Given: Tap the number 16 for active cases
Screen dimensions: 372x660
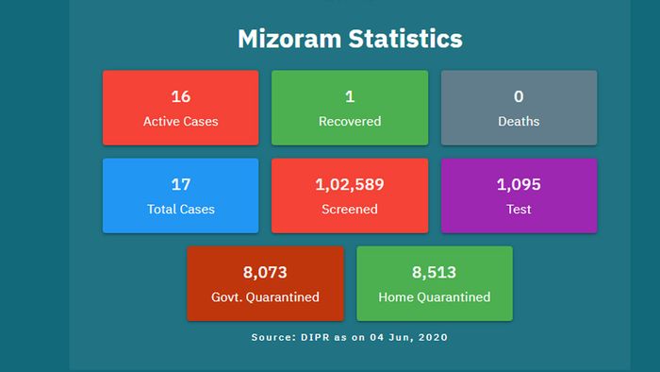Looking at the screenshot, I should click(180, 96).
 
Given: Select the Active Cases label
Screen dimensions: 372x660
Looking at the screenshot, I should click(180, 121).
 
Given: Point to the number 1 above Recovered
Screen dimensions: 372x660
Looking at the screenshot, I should click(349, 96).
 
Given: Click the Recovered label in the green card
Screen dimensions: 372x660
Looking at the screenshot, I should click(349, 121).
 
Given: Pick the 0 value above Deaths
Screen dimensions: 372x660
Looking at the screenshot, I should click(519, 96).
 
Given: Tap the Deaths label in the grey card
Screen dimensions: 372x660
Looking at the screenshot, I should click(519, 121).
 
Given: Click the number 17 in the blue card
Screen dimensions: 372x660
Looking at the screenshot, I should click(180, 184).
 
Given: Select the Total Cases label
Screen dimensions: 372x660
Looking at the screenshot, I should click(180, 209).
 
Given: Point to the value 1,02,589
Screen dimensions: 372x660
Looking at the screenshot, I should click(349, 184).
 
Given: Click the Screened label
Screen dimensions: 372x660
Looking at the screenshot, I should click(349, 209).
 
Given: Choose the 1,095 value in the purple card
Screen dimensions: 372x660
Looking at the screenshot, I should click(519, 184).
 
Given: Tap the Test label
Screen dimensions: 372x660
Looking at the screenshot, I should click(519, 209).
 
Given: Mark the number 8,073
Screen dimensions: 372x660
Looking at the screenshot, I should click(265, 273).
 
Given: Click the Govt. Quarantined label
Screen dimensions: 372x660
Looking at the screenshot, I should click(265, 296).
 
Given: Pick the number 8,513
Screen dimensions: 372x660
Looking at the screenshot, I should click(434, 273).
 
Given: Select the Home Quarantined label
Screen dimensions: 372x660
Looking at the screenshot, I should click(434, 296).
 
